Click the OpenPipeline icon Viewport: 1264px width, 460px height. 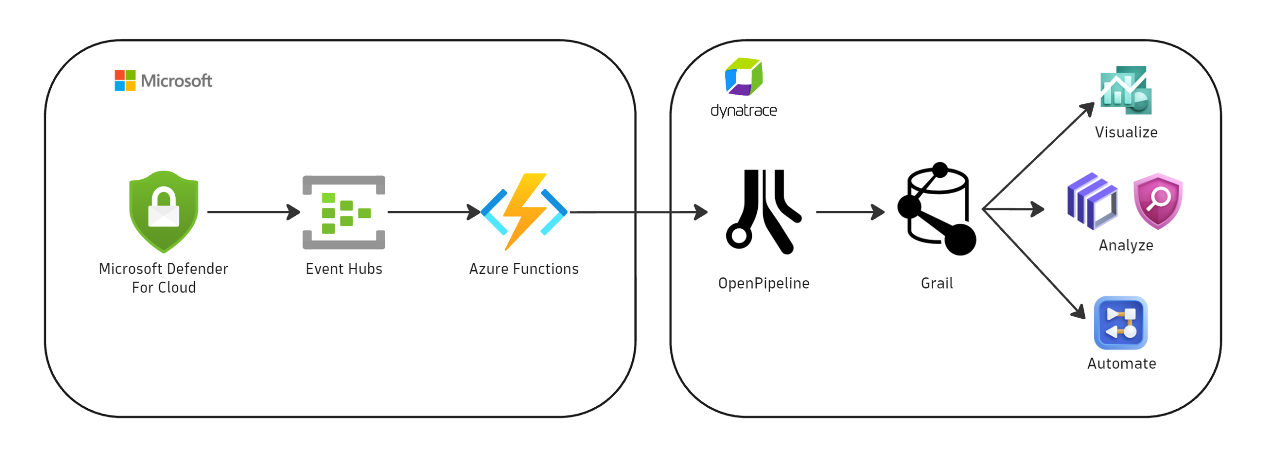(x=760, y=211)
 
